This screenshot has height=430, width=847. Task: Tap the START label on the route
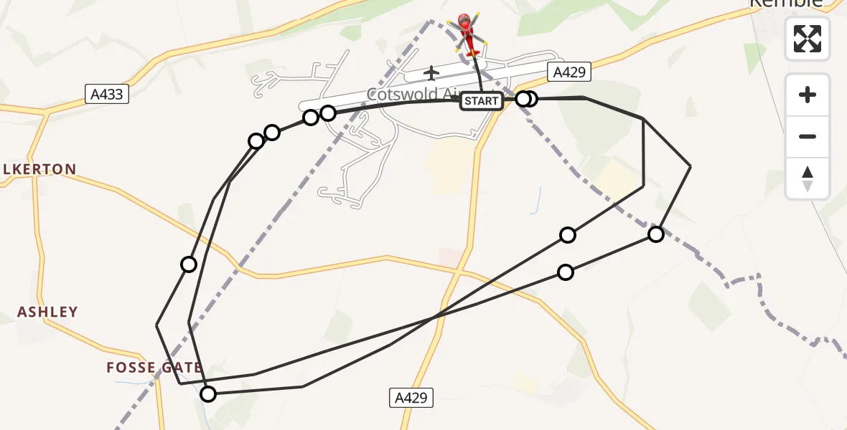coord(481,101)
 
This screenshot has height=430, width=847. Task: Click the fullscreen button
coord(808,39)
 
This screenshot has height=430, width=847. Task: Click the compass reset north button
coord(808,178)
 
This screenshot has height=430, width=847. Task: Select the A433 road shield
coord(107,93)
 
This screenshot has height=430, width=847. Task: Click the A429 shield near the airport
coord(568,72)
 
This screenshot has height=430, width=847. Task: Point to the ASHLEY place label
coord(47,312)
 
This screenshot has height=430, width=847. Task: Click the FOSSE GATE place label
coord(153,368)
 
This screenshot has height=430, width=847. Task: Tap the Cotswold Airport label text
coord(413,94)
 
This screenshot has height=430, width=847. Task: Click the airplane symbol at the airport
coord(431,73)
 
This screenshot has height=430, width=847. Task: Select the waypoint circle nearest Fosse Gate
coord(207,394)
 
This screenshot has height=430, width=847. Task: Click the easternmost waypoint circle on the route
coord(655,234)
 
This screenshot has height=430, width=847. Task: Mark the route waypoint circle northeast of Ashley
coord(189,264)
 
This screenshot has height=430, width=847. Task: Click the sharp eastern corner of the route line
coord(690,166)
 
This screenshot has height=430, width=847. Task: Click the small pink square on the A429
coord(451,256)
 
